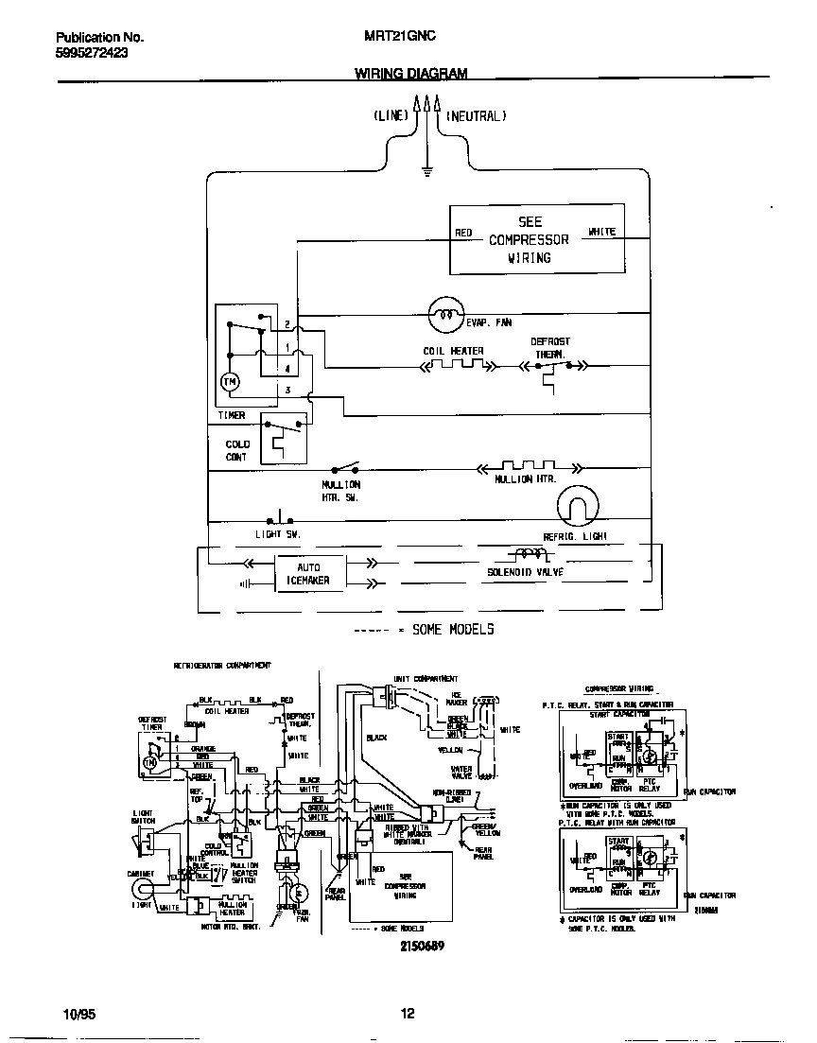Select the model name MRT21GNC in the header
tap(400, 37)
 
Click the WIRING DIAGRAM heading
tap(410, 73)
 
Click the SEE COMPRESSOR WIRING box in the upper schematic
tap(536, 240)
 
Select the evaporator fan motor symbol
tap(443, 313)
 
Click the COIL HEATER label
tap(453, 351)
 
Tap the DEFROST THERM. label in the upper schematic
tap(549, 347)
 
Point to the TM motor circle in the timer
tap(231, 380)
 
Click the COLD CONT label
tap(236, 450)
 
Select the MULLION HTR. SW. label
tap(340, 490)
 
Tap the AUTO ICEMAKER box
tap(309, 574)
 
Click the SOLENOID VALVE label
tap(525, 572)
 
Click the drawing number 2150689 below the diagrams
tap(420, 945)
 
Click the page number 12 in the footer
tap(408, 1014)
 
